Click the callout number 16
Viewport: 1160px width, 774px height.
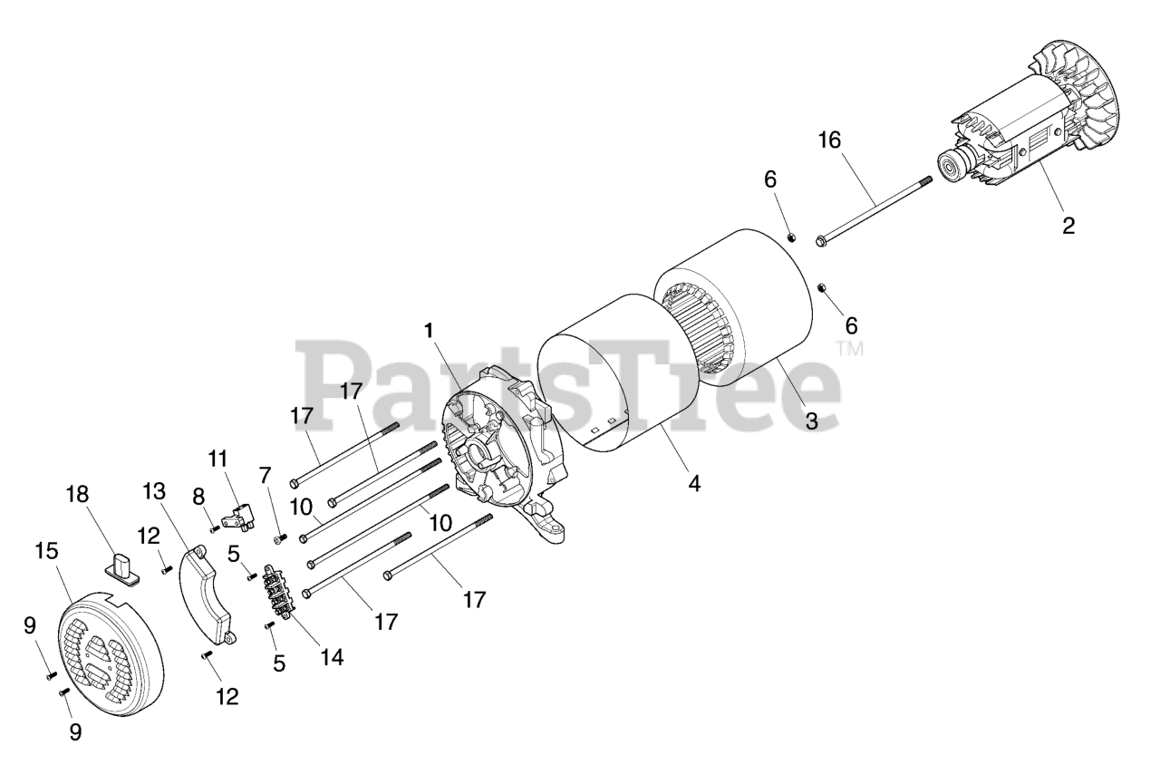(x=829, y=140)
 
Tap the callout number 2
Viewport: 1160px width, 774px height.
(x=1068, y=226)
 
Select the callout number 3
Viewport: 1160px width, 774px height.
(x=811, y=421)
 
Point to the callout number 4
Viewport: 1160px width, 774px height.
(x=694, y=484)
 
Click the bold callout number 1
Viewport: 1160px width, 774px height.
(x=429, y=331)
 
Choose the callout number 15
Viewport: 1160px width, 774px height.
(x=46, y=550)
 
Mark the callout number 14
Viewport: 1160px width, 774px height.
(x=333, y=656)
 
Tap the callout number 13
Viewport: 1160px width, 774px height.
(x=155, y=492)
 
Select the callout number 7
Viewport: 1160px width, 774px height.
(x=265, y=475)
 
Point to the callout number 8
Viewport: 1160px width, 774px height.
(x=199, y=497)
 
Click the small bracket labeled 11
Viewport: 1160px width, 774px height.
(x=237, y=518)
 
